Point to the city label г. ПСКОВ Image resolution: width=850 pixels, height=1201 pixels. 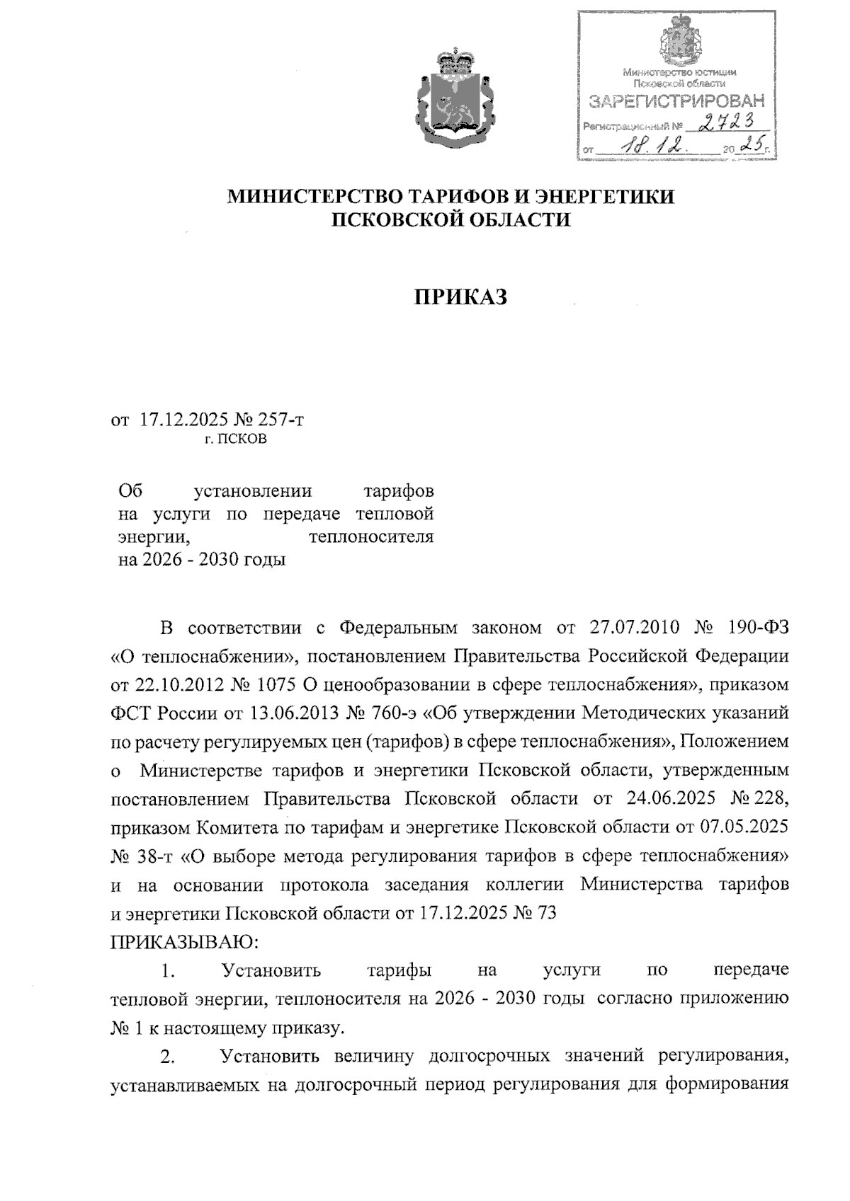236,439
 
